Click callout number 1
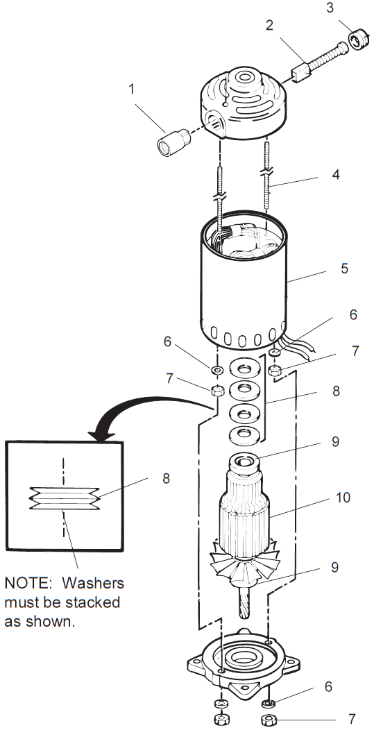(132, 90)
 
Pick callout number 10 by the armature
(341, 498)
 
